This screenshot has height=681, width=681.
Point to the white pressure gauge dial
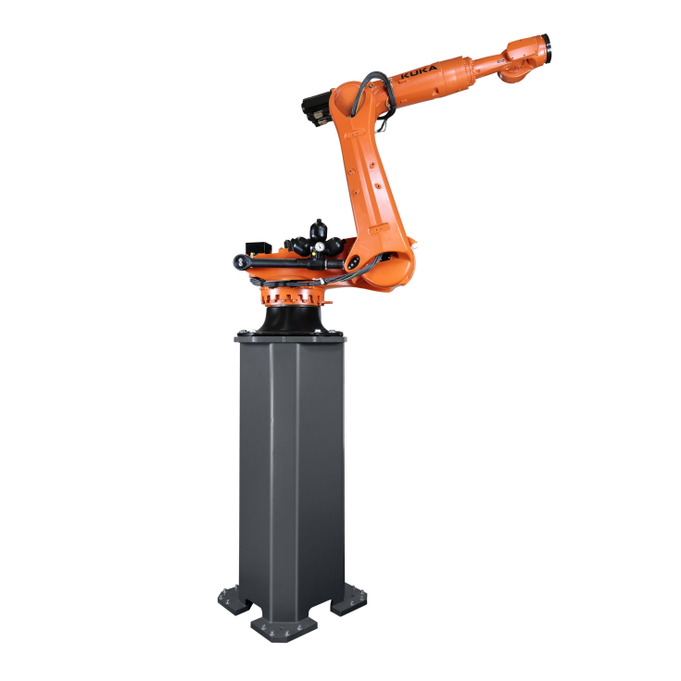[320, 246]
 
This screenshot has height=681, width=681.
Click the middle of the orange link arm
[370, 176]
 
